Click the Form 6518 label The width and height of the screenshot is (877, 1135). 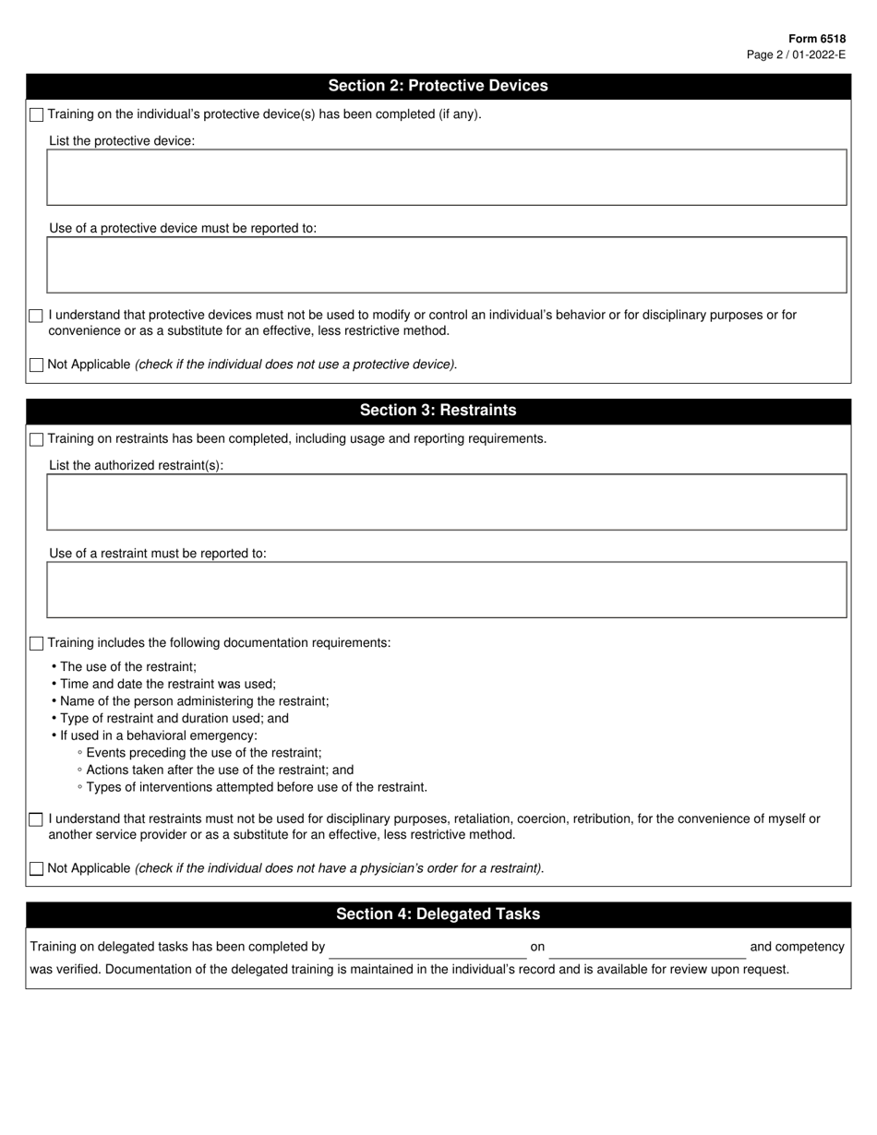[x=817, y=39]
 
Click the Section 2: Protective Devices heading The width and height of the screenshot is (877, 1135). [x=438, y=86]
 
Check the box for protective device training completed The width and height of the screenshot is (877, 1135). [x=36, y=115]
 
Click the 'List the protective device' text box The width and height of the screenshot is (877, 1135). [x=446, y=177]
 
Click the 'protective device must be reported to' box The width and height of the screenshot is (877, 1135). [x=446, y=265]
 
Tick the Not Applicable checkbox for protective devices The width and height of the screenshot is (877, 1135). [x=36, y=365]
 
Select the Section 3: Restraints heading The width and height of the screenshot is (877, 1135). [x=438, y=411]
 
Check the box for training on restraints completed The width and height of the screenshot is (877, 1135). [x=36, y=439]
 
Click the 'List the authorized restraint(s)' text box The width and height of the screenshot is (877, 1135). [x=446, y=502]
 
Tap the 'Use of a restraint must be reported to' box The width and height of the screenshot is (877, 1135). [x=446, y=590]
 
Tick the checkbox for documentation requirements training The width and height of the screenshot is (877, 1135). [x=36, y=643]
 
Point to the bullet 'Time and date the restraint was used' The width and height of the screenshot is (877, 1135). [x=167, y=684]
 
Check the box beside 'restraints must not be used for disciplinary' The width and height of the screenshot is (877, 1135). [x=36, y=819]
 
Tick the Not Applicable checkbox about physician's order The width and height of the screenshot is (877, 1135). [x=36, y=868]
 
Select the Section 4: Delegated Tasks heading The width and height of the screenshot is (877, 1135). [x=438, y=914]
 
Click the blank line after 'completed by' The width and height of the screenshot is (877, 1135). [x=427, y=948]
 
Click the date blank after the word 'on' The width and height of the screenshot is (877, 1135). [x=646, y=948]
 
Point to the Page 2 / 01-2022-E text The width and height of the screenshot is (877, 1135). [x=796, y=54]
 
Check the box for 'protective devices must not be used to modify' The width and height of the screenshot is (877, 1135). [x=36, y=316]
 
